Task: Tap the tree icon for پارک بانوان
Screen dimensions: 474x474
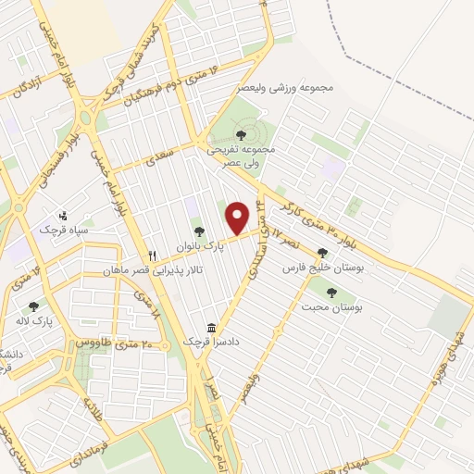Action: click(x=198, y=231)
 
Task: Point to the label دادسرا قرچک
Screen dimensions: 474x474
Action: click(x=213, y=343)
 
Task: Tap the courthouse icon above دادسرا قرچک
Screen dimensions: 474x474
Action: click(x=213, y=329)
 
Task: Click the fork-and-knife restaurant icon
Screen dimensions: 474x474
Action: click(x=151, y=256)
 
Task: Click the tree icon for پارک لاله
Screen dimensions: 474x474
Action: click(x=34, y=306)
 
